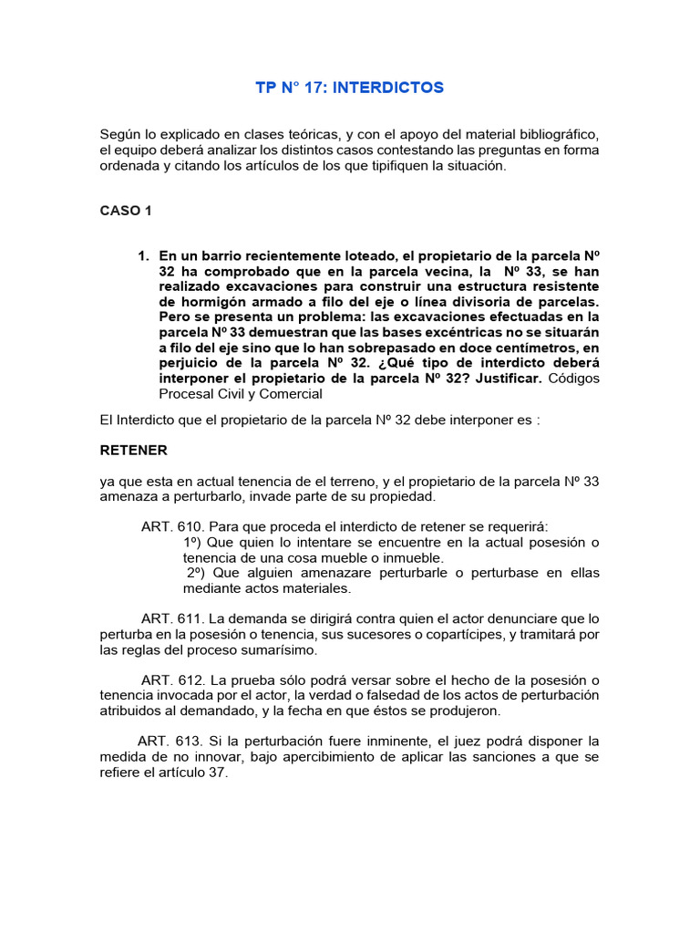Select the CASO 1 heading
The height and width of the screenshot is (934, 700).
[x=126, y=211]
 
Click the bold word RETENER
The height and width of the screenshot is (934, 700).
[x=134, y=451]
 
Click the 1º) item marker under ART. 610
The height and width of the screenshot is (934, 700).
[x=193, y=542]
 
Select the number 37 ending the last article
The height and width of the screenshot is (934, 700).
[x=219, y=773]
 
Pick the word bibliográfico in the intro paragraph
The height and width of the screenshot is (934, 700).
[x=546, y=134]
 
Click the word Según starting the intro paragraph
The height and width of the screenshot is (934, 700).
[x=120, y=134]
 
